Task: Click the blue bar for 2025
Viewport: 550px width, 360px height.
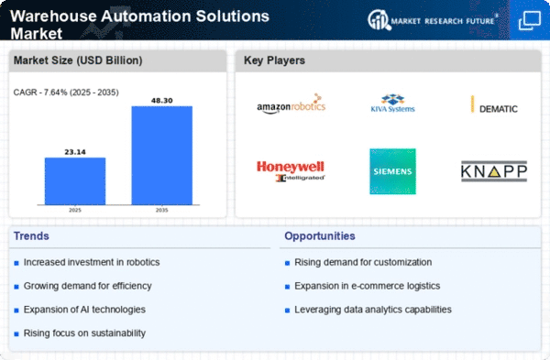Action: coord(75,181)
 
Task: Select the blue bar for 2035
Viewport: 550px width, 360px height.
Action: coord(162,156)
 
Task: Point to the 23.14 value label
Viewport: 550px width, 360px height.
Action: coord(75,152)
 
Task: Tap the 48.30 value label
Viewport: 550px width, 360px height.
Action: coord(162,101)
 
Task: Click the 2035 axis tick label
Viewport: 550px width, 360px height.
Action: coord(161,210)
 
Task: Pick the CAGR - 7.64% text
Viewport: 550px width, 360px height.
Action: coord(40,93)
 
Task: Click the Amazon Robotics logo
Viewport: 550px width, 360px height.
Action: coord(291,104)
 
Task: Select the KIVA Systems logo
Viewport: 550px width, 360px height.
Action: coord(393,104)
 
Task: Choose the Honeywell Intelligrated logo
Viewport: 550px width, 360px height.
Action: coord(291,171)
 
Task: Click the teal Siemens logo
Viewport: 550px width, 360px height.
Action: coord(393,171)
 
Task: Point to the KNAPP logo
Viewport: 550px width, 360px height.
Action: coord(494,171)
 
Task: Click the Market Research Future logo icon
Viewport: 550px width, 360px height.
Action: coord(379,19)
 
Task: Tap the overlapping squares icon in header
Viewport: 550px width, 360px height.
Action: coord(530,20)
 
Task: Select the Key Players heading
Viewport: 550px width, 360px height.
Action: coord(274,60)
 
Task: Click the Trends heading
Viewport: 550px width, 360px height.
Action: coord(31,236)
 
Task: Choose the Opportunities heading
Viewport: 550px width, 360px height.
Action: coord(320,236)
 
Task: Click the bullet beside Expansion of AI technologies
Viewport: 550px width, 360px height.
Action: coord(16,311)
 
